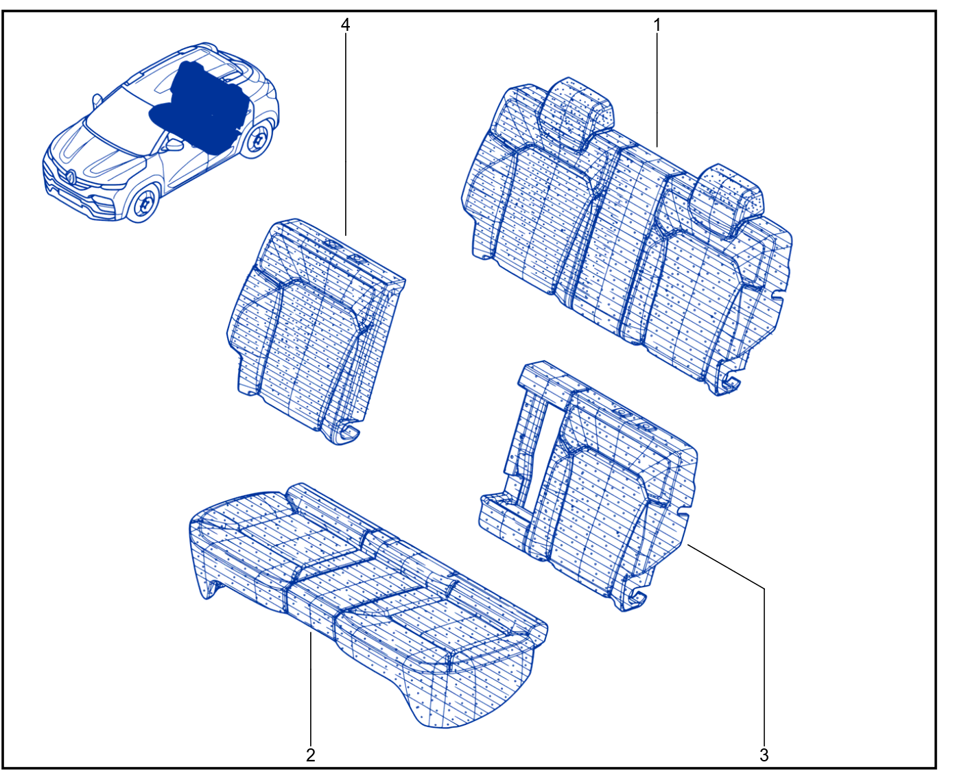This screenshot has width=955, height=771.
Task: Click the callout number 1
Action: (x=657, y=25)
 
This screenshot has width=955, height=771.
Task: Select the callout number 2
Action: (x=311, y=755)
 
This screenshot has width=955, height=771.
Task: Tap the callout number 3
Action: (x=764, y=755)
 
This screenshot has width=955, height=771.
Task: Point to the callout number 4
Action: (x=345, y=25)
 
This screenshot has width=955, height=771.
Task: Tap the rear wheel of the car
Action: (x=257, y=139)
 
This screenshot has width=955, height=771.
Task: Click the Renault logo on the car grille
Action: (x=71, y=178)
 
